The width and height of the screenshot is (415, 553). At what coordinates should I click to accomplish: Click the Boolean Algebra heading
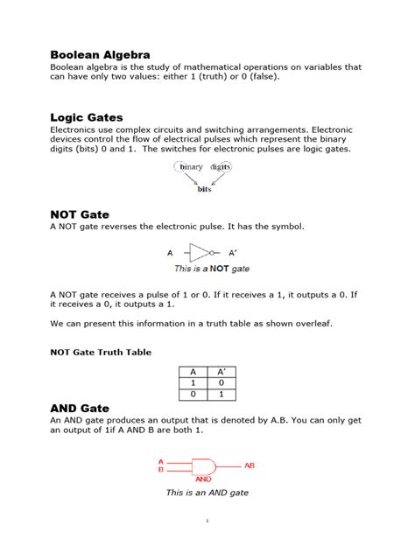tap(100, 54)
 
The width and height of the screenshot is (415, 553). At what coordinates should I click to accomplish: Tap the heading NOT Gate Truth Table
tap(100, 352)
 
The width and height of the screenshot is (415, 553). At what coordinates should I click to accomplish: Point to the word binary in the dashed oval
tap(191, 166)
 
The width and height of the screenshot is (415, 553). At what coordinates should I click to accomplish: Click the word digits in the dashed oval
tap(221, 166)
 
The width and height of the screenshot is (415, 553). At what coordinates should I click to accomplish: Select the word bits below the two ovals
tap(204, 188)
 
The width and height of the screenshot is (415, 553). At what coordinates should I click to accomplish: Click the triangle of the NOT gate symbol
tap(199, 253)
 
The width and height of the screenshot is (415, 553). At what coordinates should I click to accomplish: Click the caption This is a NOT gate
tap(212, 269)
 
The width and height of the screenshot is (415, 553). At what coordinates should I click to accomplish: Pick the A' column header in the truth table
tap(222, 371)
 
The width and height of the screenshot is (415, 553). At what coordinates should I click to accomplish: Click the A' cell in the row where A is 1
tap(222, 382)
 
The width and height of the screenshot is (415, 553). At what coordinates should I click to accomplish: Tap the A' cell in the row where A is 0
tap(222, 395)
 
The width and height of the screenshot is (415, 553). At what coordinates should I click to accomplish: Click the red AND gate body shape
tap(204, 466)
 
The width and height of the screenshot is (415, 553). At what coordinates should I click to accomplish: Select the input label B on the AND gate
tap(160, 470)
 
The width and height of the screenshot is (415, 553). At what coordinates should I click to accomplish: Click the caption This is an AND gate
tap(207, 493)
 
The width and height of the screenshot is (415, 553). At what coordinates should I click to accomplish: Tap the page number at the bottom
tap(207, 521)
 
